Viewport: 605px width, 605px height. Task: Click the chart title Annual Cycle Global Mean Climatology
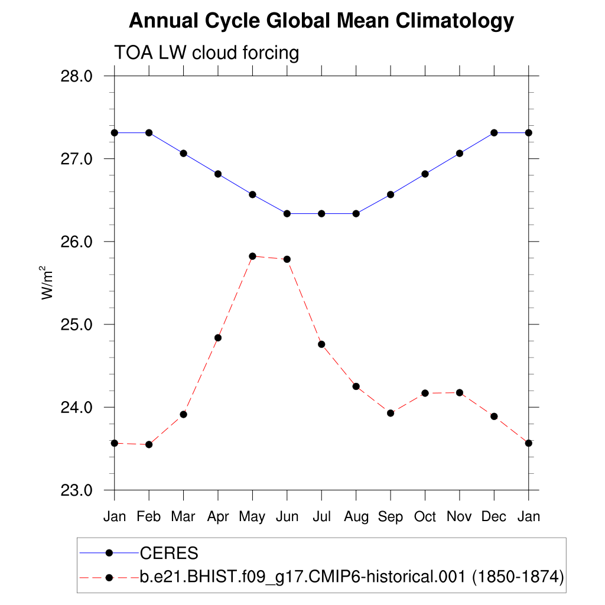pyautogui.click(x=321, y=21)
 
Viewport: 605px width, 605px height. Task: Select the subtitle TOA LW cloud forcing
pyautogui.click(x=206, y=53)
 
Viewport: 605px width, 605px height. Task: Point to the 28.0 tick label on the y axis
pyautogui.click(x=77, y=76)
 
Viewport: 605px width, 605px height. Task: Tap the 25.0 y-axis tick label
pyautogui.click(x=77, y=324)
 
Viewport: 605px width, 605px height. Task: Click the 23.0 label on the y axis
pyautogui.click(x=77, y=490)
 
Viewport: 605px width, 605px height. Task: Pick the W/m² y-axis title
pyautogui.click(x=47, y=283)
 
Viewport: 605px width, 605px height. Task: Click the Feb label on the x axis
pyautogui.click(x=149, y=516)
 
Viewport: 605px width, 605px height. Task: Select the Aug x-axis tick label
pyautogui.click(x=356, y=516)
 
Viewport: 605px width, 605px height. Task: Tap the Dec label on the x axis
pyautogui.click(x=494, y=516)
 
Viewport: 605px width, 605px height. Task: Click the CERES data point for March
pyautogui.click(x=183, y=153)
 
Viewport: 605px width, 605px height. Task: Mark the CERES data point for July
pyautogui.click(x=321, y=213)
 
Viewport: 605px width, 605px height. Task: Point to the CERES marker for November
pyautogui.click(x=460, y=153)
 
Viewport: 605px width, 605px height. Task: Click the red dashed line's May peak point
pyautogui.click(x=252, y=256)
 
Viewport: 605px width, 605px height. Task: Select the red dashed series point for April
pyautogui.click(x=218, y=337)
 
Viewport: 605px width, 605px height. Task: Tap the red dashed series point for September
pyautogui.click(x=391, y=413)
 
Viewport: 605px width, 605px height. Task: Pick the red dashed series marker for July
pyautogui.click(x=321, y=344)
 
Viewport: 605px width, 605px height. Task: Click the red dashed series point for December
pyautogui.click(x=494, y=417)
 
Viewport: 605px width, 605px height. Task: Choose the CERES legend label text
pyautogui.click(x=168, y=554)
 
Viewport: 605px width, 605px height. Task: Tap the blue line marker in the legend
pyautogui.click(x=109, y=553)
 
